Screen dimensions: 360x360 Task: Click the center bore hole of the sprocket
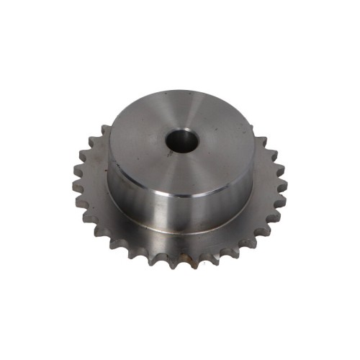click(x=179, y=141)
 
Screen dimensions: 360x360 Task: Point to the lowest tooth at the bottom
click(x=180, y=264)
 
